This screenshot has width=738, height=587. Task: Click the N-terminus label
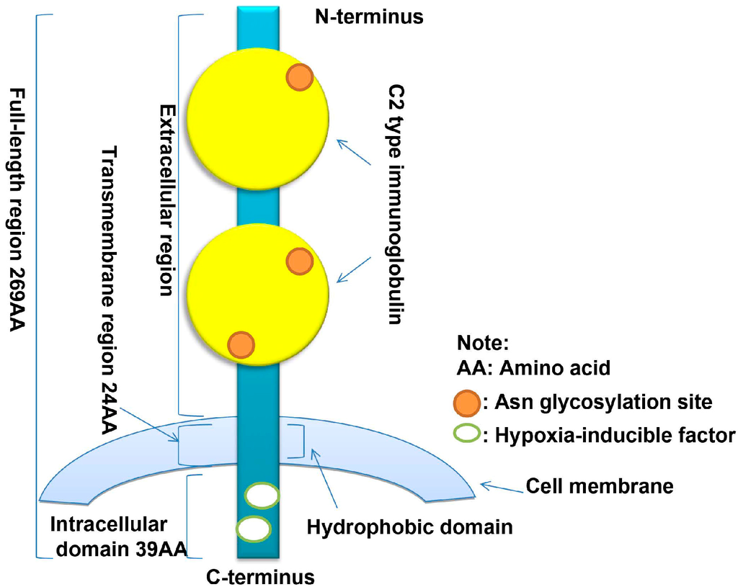tap(368, 16)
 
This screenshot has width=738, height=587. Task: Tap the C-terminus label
tap(260, 576)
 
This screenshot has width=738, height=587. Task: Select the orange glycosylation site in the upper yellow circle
tap(300, 76)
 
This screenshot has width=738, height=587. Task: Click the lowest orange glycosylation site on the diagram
tap(241, 344)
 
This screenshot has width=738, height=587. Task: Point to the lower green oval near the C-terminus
tap(253, 529)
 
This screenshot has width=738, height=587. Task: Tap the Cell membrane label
tap(600, 486)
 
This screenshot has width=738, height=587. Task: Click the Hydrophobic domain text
tap(409, 527)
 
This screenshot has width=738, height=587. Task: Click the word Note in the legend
tap(483, 342)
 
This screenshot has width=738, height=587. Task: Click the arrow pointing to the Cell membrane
tap(501, 488)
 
